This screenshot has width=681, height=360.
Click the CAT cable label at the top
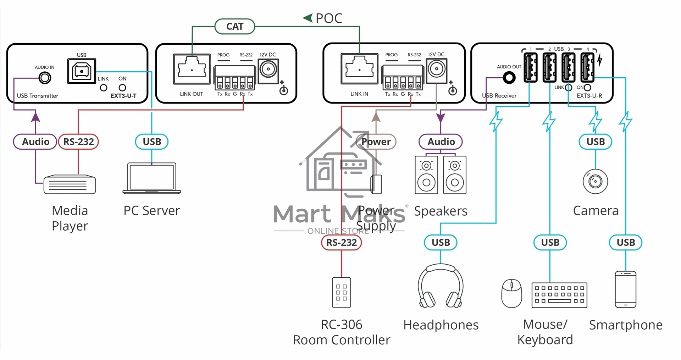coord(235,26)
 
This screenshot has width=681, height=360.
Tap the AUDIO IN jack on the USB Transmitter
coord(45,78)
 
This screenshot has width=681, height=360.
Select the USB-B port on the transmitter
coord(82,71)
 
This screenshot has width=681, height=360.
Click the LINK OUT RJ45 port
coord(192,69)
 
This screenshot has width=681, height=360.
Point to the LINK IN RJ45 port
coord(359,69)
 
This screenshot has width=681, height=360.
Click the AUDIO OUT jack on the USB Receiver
coord(509,78)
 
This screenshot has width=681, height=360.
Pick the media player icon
coord(70,184)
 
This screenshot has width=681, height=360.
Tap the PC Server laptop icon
coord(152,178)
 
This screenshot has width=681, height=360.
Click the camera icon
coord(596,182)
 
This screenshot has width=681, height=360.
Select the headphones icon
coord(441,286)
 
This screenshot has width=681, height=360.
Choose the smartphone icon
coord(626,289)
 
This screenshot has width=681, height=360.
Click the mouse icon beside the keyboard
coord(511,293)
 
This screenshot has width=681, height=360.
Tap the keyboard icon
coord(560,295)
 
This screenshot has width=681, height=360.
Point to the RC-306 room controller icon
coord(342,293)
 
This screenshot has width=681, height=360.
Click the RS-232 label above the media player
coord(78,142)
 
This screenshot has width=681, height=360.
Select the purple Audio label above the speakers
coord(441,142)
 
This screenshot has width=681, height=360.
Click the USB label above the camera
coord(596,142)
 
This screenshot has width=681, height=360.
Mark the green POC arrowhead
coord(308,17)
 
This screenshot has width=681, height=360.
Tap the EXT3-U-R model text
coord(589,96)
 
